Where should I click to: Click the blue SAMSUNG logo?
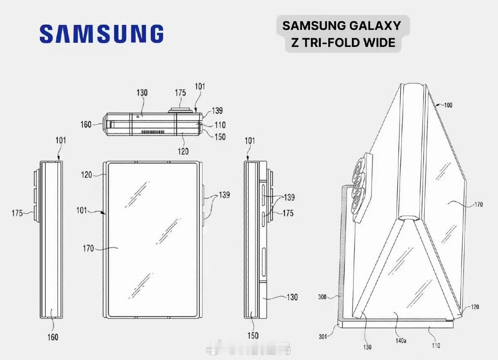(x=101, y=34)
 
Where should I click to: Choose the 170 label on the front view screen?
(x=89, y=249)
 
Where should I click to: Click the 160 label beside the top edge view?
(x=86, y=124)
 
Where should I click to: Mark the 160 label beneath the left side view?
(x=52, y=337)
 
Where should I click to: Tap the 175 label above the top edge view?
(x=180, y=93)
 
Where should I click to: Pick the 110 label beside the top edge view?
(x=220, y=124)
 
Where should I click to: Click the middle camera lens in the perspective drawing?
(x=358, y=181)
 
